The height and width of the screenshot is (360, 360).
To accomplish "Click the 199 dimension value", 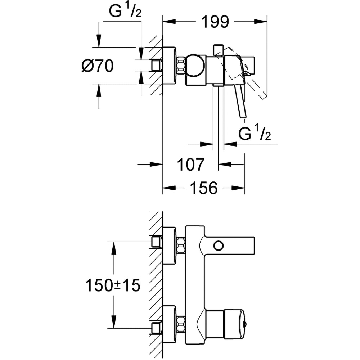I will (x=215, y=22).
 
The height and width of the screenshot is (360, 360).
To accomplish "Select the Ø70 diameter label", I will (x=98, y=66).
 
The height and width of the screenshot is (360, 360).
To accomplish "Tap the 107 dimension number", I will (x=191, y=165).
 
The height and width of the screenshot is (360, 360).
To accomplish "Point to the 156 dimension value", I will (x=203, y=188).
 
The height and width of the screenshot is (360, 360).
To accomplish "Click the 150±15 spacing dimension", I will (x=112, y=285).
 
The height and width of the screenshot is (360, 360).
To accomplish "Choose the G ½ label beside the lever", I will (x=255, y=134).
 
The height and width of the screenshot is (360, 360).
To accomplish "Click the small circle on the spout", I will (x=218, y=246).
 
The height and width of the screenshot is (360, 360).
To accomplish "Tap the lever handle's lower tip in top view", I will (x=243, y=114).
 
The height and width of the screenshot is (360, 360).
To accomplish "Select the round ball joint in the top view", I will (x=195, y=66).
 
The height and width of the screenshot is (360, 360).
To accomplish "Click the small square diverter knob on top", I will (x=218, y=50).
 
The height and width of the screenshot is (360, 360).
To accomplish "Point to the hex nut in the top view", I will (x=181, y=66).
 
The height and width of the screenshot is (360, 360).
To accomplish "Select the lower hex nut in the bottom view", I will (x=181, y=324).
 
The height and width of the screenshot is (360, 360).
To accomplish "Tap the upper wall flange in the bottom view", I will (x=169, y=246).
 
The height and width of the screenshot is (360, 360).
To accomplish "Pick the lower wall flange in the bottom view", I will (x=169, y=324).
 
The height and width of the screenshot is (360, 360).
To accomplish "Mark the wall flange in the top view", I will (x=169, y=66).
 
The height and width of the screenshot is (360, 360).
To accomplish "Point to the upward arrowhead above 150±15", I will (x=114, y=247).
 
